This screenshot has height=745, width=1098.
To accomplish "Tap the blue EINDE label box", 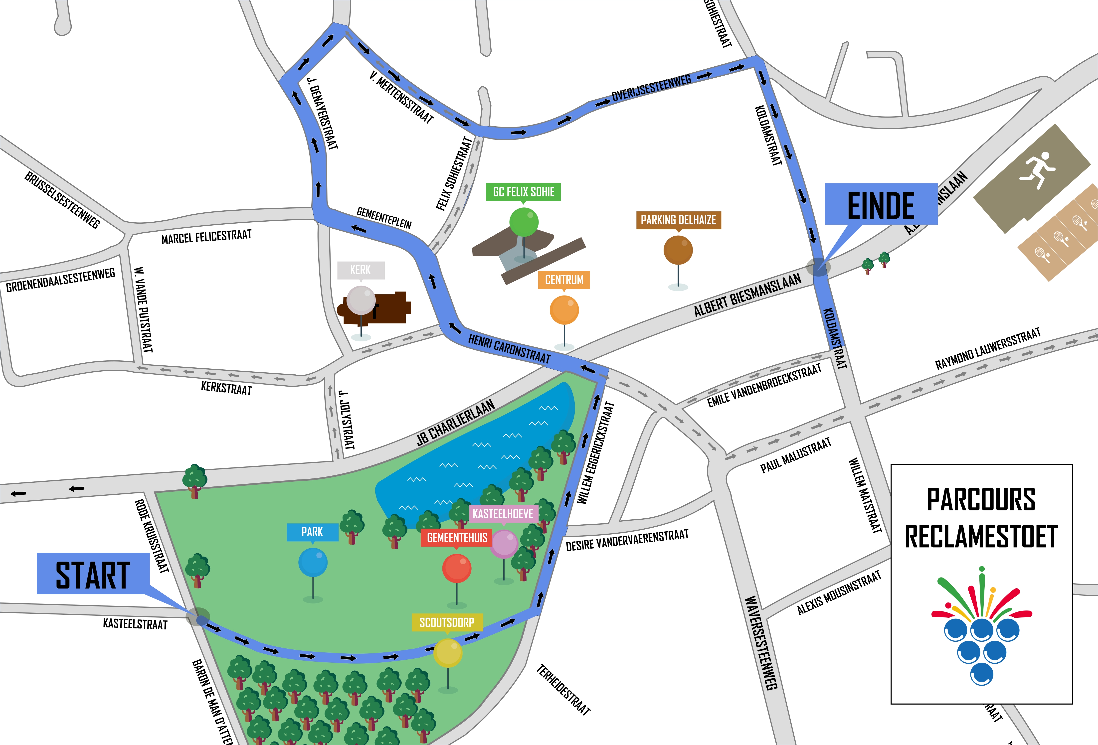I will (881, 204).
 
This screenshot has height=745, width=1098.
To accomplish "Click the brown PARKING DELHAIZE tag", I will (678, 220).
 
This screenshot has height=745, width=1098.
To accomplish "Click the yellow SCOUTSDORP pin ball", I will (447, 652).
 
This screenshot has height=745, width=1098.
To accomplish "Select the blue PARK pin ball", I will (313, 562).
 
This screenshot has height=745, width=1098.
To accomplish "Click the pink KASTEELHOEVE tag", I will (503, 514).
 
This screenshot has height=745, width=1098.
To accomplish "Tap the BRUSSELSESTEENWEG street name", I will (62, 200).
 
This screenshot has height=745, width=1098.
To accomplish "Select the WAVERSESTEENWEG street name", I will (761, 642).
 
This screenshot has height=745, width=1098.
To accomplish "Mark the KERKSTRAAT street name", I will (226, 388).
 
